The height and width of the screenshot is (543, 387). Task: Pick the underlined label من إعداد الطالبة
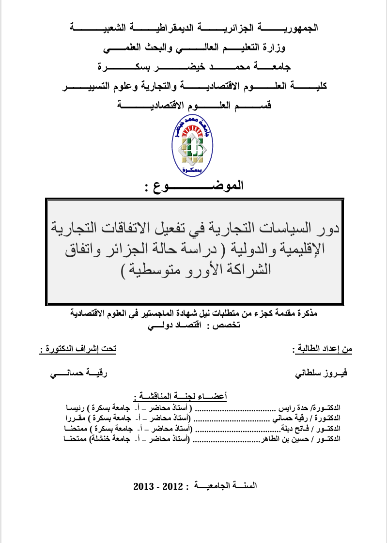pos(322,348)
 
